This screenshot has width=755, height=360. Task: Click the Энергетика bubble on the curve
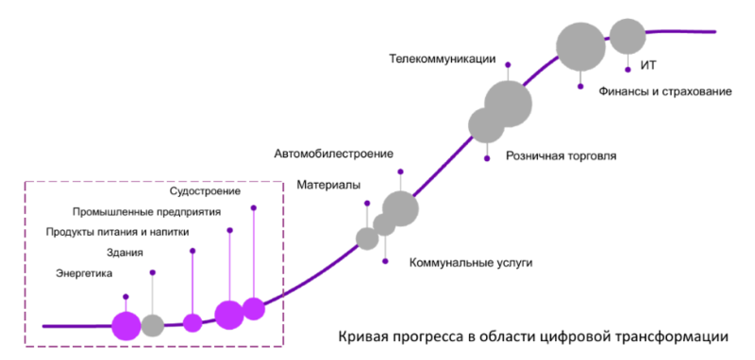tap(126, 325)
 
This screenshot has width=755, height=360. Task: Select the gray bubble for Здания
tap(153, 325)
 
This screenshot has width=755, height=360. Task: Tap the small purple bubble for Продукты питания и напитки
tap(193, 323)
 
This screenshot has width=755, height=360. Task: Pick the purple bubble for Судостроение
tap(253, 308)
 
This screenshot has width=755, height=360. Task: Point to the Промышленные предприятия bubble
tap(229, 315)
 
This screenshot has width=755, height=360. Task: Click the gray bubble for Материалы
tap(367, 238)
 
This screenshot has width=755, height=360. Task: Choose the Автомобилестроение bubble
tap(400, 208)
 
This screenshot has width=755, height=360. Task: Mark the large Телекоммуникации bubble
tap(509, 103)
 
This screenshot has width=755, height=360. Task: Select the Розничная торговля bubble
tap(487, 124)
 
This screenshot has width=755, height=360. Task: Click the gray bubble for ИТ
tap(628, 37)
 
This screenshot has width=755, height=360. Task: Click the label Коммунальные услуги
tap(471, 263)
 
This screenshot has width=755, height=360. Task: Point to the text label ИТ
tap(648, 65)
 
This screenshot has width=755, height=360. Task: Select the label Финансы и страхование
tap(665, 90)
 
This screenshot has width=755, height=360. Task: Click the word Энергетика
tap(85, 273)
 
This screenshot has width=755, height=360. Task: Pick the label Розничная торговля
tap(561, 155)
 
